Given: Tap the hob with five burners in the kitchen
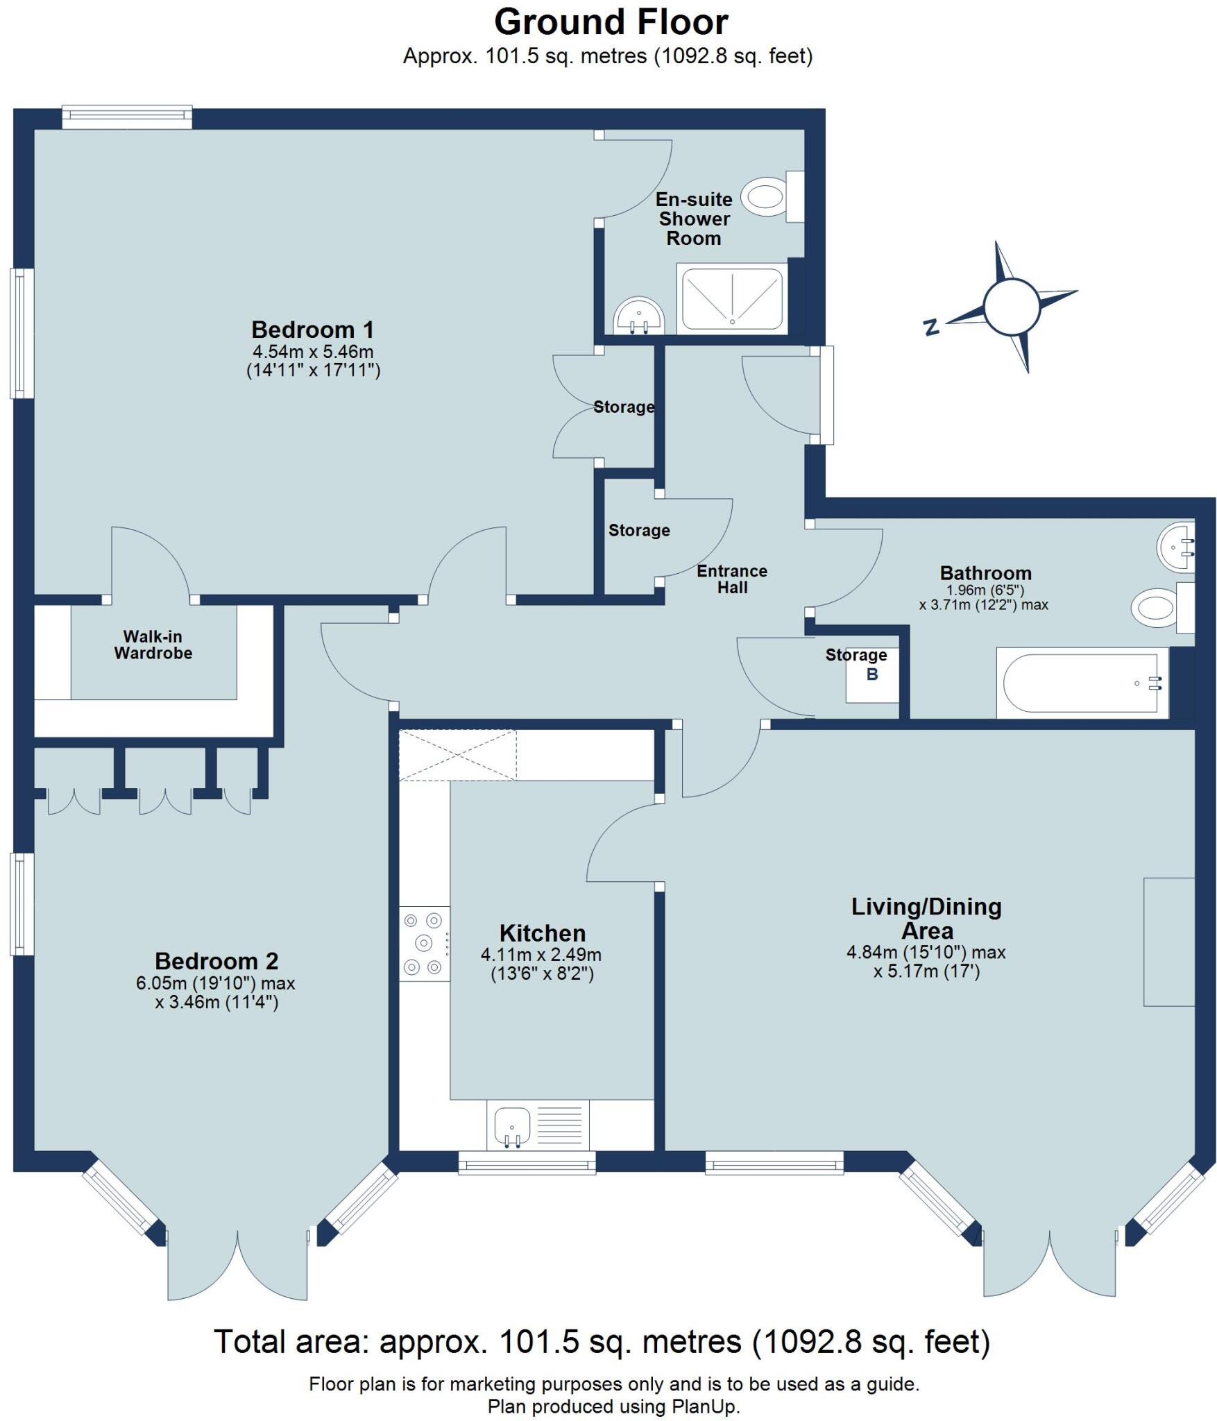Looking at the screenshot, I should [424, 943].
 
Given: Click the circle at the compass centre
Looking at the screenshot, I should [1012, 307].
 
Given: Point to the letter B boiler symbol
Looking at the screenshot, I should [872, 674].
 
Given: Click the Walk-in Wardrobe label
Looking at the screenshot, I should [153, 645].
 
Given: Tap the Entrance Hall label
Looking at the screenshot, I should [732, 579].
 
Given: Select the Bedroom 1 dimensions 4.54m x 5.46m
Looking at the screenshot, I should [314, 352].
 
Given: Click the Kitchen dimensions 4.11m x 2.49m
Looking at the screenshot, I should [541, 955].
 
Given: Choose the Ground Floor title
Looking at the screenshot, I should [611, 22].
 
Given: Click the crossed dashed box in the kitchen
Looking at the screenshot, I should [458, 755].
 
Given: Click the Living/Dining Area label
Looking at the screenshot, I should [926, 918].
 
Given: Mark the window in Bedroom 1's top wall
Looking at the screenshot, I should [127, 117].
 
